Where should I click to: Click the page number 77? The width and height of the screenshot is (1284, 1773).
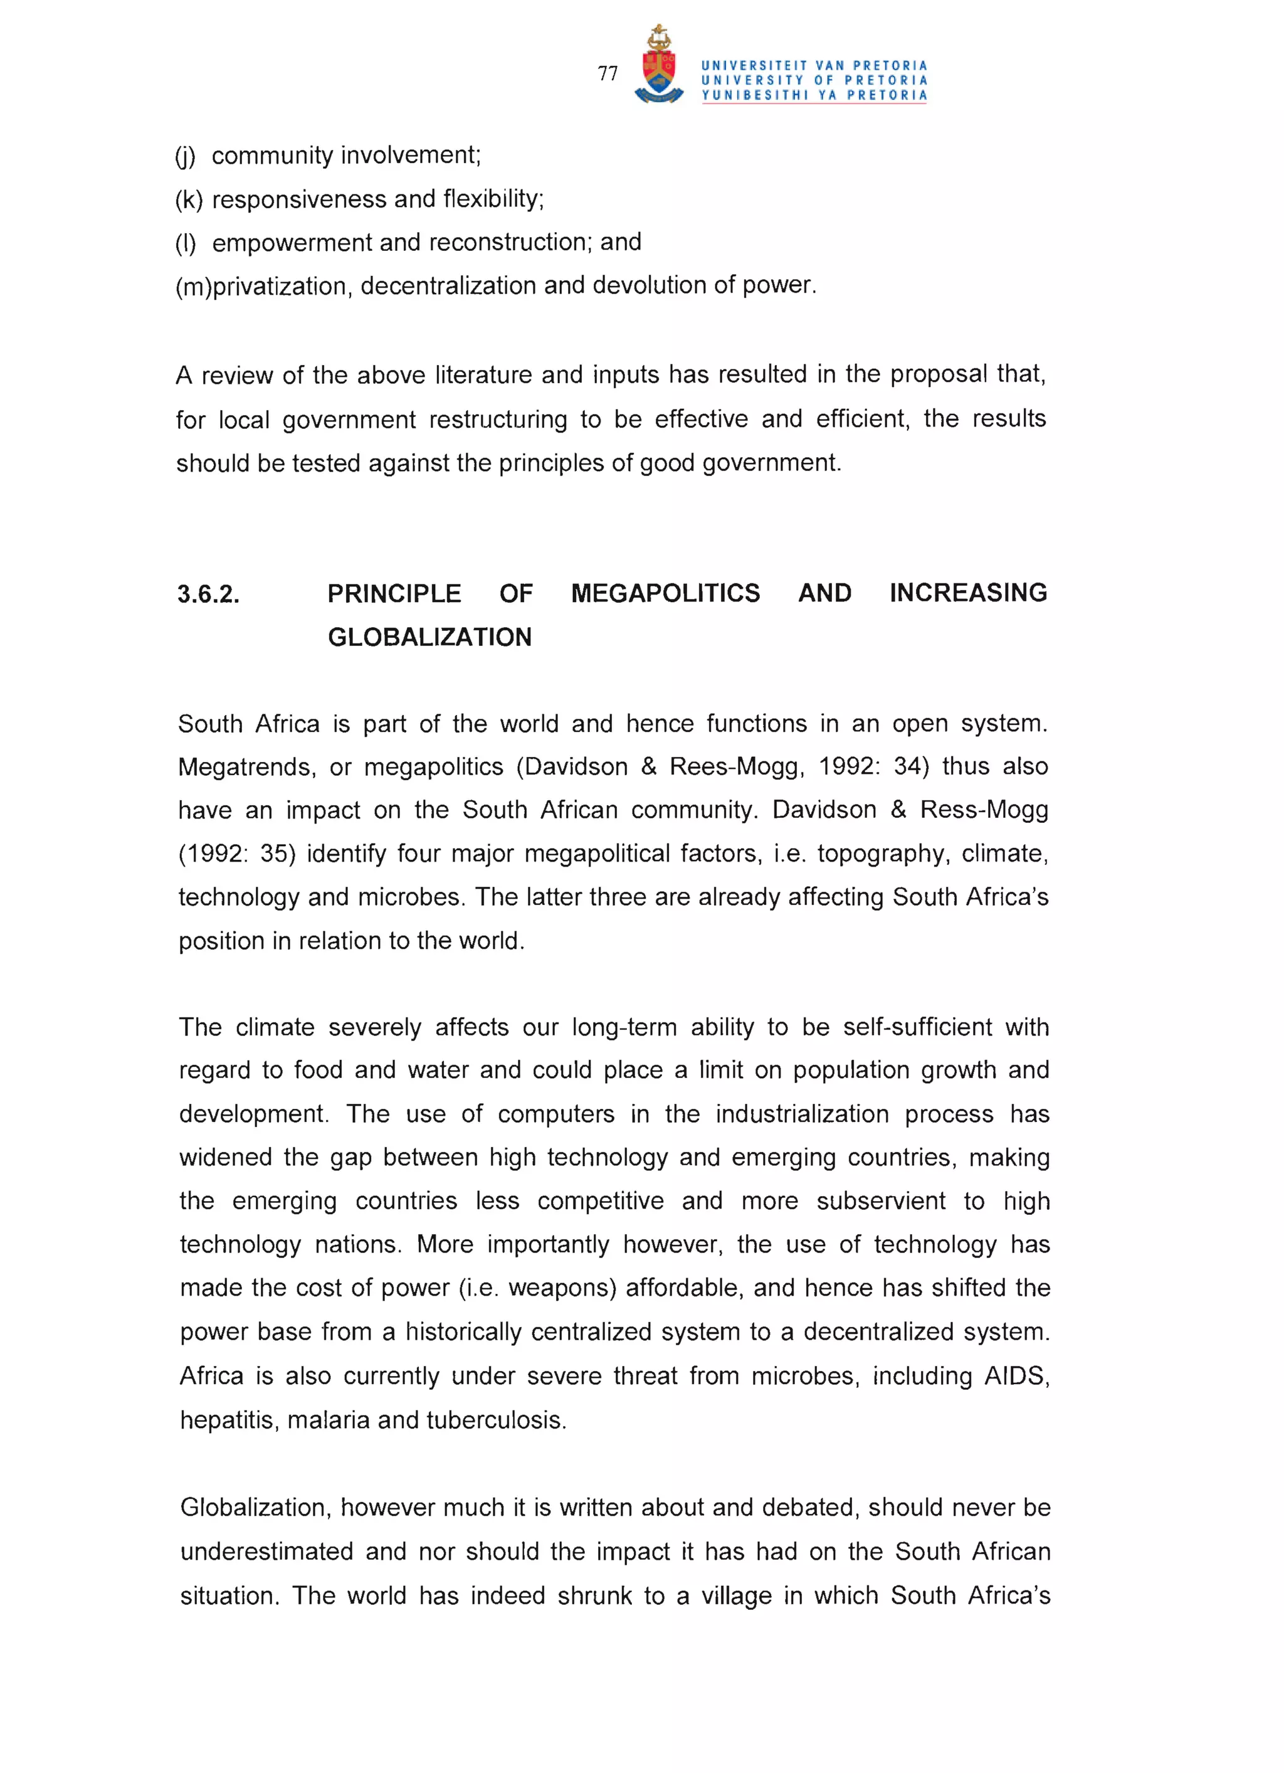608,73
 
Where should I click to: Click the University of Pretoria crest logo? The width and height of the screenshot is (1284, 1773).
659,66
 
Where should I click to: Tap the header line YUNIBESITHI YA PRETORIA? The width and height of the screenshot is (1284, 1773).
814,95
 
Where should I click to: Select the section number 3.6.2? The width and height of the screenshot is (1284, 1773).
208,594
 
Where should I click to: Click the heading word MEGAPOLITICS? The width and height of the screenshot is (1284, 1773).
665,593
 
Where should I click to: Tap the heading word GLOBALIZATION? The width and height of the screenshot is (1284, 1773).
429,637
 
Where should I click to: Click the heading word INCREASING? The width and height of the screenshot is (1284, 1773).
967,593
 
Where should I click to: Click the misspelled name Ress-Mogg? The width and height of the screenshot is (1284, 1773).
983,810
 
